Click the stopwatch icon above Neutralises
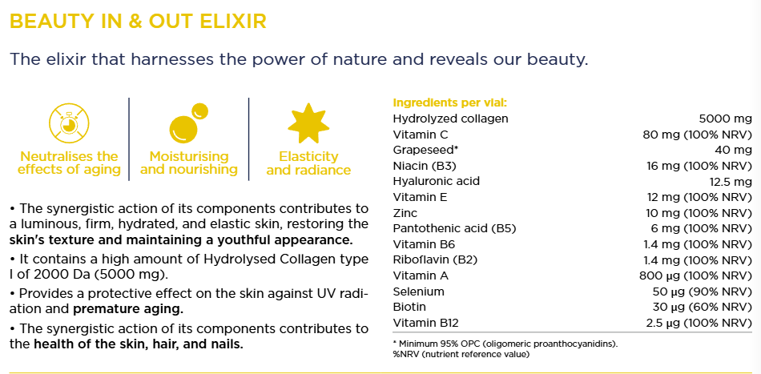click(70, 123)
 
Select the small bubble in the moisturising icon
click(199, 111)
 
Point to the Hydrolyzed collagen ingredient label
click(450, 119)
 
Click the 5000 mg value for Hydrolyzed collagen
click(725, 119)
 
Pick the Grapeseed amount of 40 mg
click(733, 150)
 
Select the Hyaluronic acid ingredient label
click(436, 182)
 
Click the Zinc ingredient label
click(405, 213)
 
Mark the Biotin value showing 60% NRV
click(703, 307)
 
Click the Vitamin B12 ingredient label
click(425, 323)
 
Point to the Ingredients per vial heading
click(449, 103)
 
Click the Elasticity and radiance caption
click(308, 163)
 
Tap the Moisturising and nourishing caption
click(189, 163)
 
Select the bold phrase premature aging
click(128, 309)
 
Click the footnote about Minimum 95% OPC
click(505, 344)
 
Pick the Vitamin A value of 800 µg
click(696, 276)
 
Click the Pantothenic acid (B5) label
click(453, 228)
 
